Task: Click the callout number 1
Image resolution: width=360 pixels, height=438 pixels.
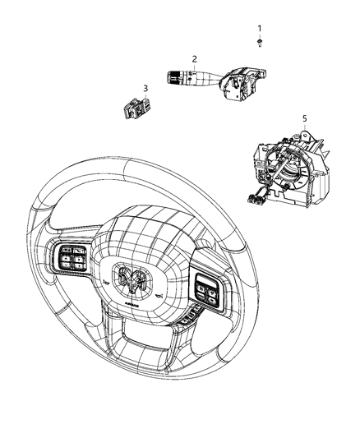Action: click(260, 29)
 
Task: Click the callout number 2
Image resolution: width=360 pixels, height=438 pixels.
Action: click(195, 58)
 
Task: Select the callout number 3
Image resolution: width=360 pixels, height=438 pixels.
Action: click(145, 88)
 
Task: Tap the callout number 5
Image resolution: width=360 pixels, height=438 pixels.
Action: click(305, 119)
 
